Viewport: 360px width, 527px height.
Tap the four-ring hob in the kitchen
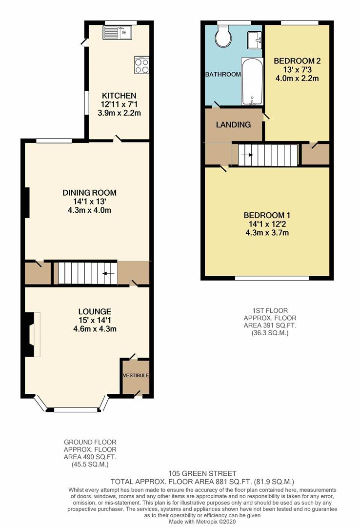click(142, 65)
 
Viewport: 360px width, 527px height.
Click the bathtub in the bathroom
click(252, 81)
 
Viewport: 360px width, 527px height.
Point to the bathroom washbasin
click(254, 41)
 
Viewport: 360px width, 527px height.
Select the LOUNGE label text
click(95, 311)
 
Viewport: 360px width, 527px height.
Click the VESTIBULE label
click(135, 375)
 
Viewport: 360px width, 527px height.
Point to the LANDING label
click(234, 124)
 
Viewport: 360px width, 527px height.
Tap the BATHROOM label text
click(223, 75)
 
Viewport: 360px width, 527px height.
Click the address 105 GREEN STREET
click(202, 473)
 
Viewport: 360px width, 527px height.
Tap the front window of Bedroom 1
click(272, 279)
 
